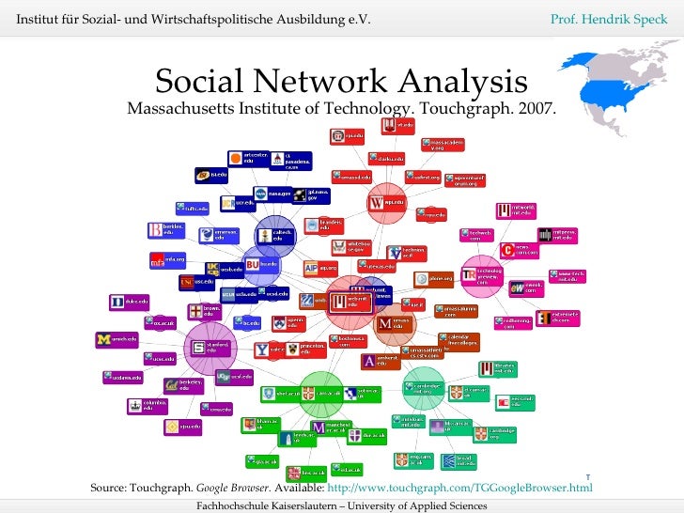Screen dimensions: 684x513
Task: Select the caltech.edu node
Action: click(275, 236)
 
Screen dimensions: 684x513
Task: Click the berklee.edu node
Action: click(168, 230)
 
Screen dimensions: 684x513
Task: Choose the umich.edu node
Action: click(117, 339)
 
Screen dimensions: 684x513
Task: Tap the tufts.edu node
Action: click(191, 209)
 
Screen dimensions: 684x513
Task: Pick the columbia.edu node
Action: click(148, 406)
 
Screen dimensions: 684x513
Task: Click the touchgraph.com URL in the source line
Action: click(460, 489)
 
